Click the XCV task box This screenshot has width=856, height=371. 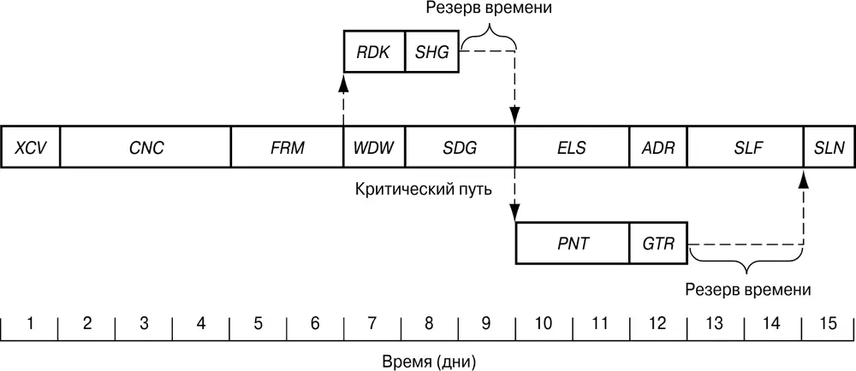coord(31,147)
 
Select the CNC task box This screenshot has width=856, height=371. coord(146,147)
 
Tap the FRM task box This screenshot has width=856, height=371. coord(287,147)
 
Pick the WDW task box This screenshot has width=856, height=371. coord(374,147)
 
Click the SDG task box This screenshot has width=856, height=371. coord(460,147)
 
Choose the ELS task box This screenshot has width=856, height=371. coord(572,147)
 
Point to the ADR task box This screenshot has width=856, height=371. coord(658,147)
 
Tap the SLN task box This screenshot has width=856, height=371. coord(829,147)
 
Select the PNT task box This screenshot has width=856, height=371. coord(572,243)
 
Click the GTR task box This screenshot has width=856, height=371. coord(658,243)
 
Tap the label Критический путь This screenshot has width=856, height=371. coord(423,188)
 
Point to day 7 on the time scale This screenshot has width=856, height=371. coord(372,324)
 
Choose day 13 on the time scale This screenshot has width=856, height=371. coord(715,324)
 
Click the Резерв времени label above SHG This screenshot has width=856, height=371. coord(488,9)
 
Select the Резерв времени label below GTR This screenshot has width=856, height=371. coord(747,289)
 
